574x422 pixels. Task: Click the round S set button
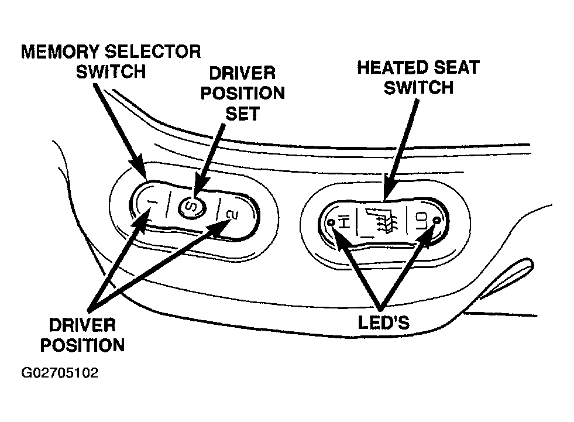pyautogui.click(x=191, y=206)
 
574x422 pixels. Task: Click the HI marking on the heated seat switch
pyautogui.click(x=344, y=222)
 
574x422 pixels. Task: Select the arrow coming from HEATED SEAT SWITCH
pyautogui.click(x=402, y=147)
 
